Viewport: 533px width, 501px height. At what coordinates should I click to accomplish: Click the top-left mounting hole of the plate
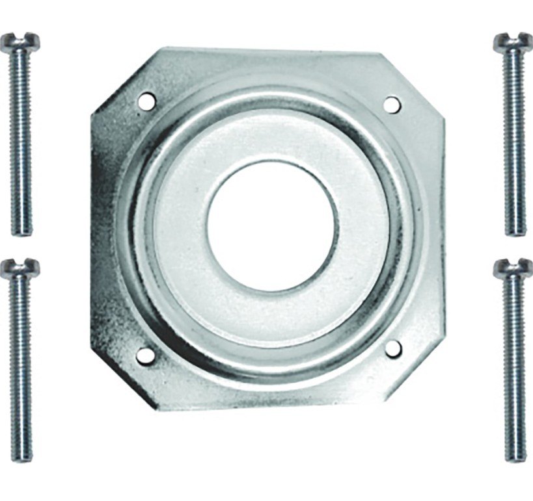click(147, 101)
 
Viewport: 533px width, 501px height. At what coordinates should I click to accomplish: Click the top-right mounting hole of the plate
click(391, 103)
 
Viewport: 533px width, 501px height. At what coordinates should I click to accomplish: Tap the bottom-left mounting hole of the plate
click(146, 355)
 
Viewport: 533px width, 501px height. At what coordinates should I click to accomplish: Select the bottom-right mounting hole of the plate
click(392, 349)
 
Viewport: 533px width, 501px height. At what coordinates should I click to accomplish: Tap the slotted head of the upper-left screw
click(20, 42)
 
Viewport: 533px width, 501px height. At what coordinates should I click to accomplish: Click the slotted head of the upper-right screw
click(512, 42)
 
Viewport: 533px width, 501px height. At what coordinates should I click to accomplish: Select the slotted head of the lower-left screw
click(20, 268)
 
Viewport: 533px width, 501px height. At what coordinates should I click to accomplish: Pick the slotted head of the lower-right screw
click(512, 268)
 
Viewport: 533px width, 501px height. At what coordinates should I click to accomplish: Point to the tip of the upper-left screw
click(21, 231)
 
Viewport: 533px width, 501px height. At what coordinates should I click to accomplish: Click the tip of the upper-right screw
click(515, 231)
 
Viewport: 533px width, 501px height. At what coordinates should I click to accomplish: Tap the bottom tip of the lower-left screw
click(21, 457)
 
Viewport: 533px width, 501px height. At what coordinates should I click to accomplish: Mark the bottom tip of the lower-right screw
click(515, 457)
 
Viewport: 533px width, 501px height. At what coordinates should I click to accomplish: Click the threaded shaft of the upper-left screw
click(21, 143)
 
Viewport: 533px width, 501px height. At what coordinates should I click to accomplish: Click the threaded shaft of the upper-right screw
click(514, 143)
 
